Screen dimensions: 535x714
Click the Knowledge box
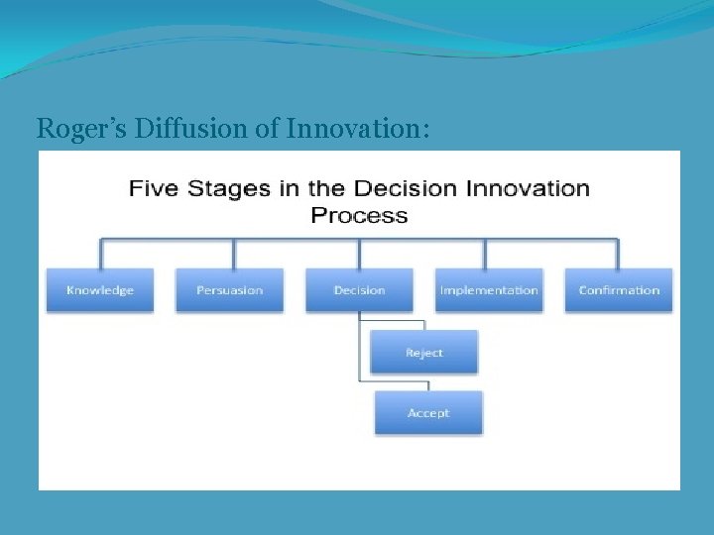(x=100, y=290)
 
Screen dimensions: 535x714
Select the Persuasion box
(x=229, y=290)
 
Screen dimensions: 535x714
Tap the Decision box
(x=359, y=290)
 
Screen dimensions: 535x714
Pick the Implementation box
(x=489, y=290)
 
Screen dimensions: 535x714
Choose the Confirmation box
(x=619, y=290)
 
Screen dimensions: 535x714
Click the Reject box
(x=424, y=353)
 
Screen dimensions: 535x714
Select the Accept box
(x=428, y=413)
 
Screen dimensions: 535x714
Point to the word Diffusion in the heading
(x=175, y=128)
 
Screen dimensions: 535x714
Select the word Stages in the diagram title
(x=237, y=189)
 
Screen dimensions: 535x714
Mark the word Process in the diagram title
(x=359, y=215)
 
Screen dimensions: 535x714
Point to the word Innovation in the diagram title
(x=526, y=189)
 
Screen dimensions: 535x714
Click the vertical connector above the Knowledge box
(x=100, y=254)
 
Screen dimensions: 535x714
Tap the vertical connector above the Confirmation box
(x=619, y=254)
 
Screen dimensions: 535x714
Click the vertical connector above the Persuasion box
(x=233, y=254)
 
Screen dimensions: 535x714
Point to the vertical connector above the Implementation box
(x=485, y=254)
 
